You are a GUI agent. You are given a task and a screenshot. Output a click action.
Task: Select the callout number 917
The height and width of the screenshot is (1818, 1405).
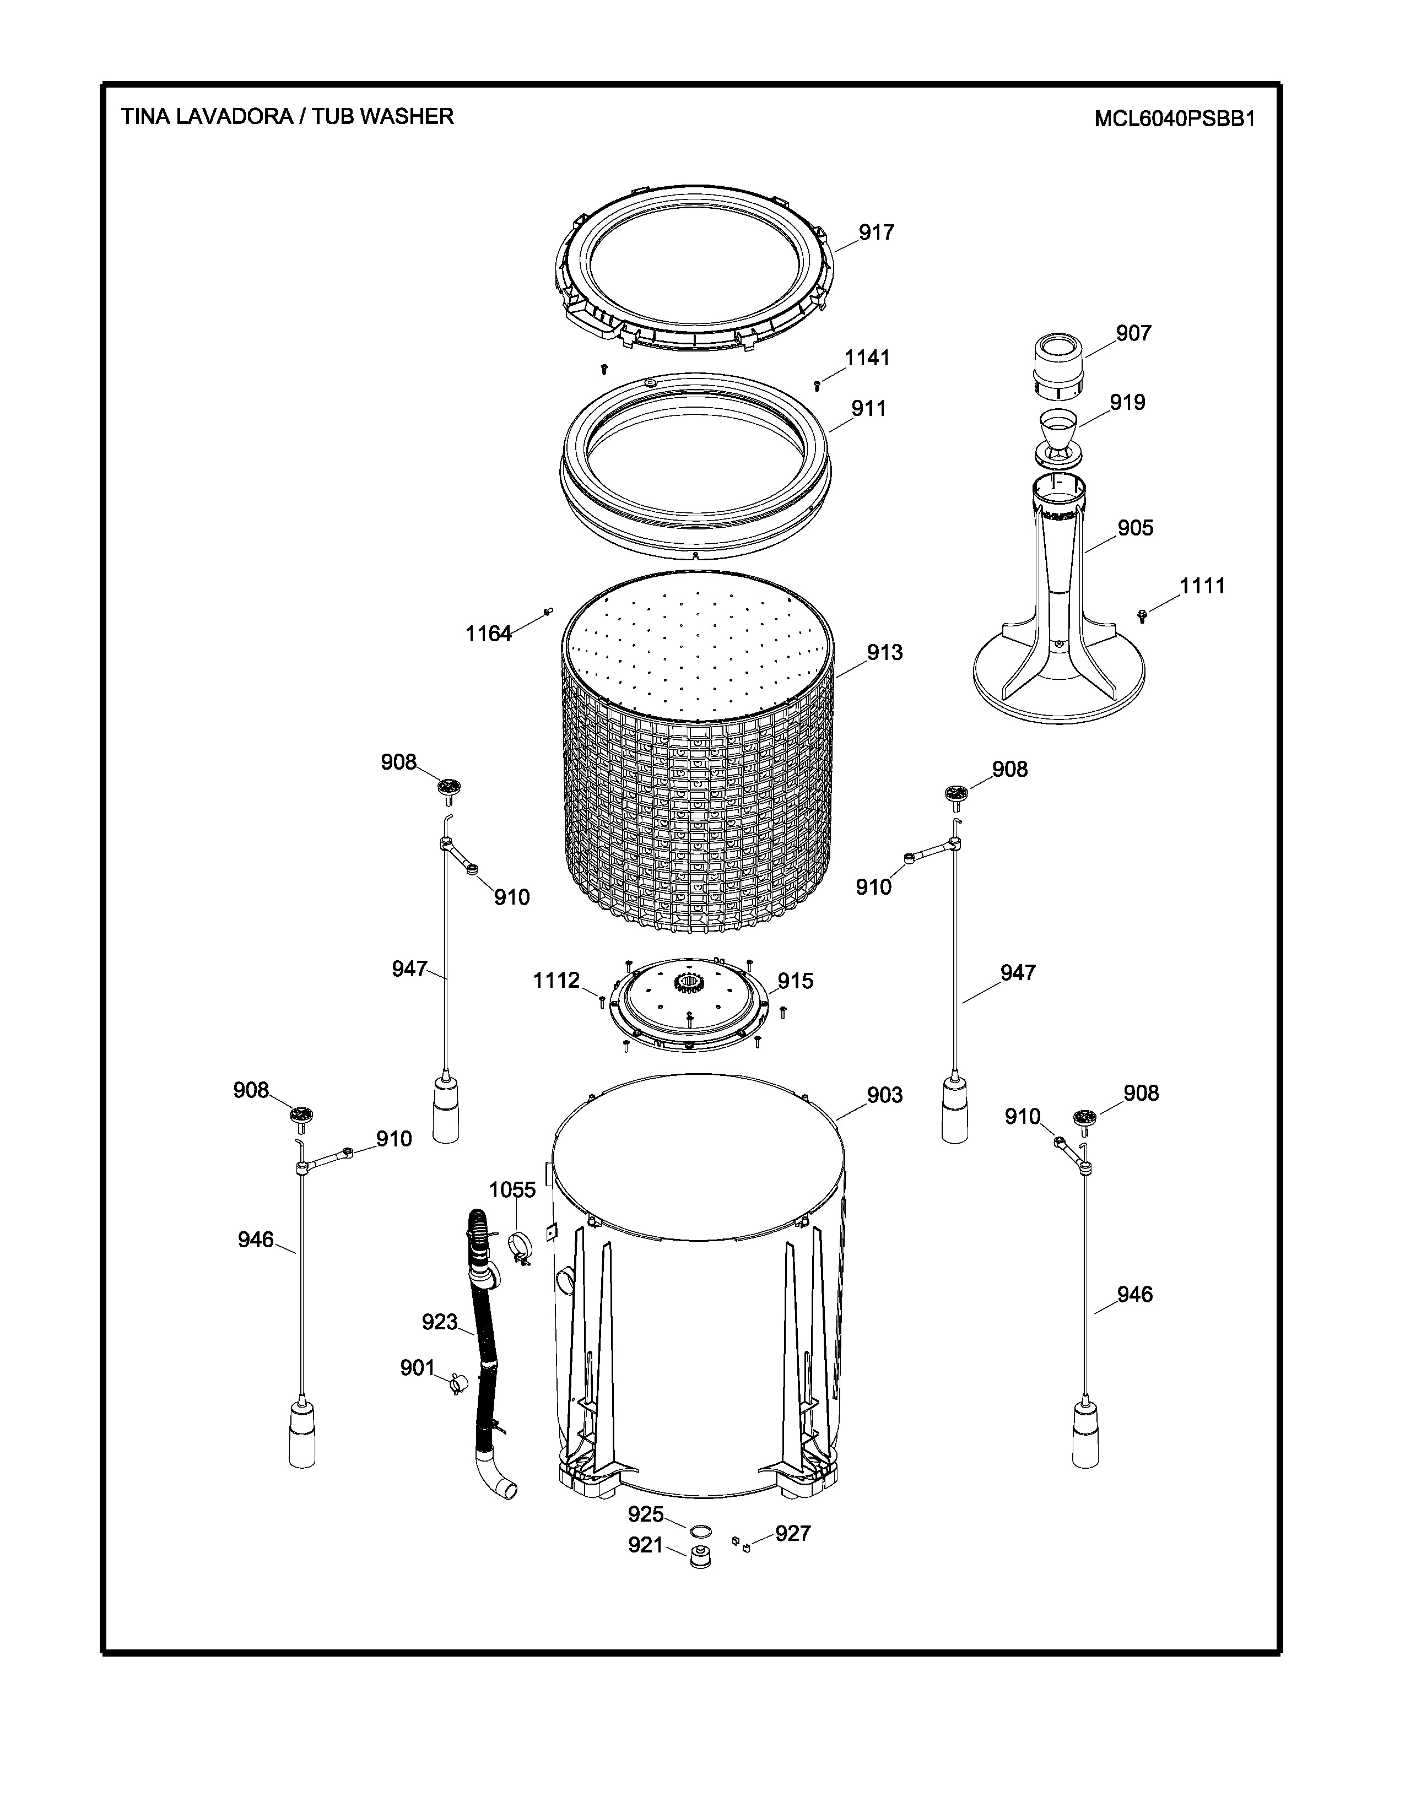(877, 232)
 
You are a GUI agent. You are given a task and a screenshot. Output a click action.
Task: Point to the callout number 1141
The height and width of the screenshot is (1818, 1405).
(867, 358)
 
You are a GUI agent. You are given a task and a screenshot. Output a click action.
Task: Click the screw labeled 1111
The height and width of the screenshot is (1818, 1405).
(1141, 615)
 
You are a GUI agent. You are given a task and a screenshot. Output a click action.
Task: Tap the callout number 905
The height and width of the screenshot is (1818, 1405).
(1136, 528)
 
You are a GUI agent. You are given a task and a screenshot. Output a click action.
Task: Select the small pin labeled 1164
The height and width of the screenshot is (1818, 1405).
(548, 612)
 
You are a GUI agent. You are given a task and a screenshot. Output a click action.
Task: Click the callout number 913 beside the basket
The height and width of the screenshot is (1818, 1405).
(885, 653)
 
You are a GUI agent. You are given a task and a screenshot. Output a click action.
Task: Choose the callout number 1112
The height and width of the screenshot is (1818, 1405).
(556, 981)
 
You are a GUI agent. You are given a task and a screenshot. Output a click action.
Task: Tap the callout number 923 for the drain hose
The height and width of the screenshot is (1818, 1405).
(440, 1322)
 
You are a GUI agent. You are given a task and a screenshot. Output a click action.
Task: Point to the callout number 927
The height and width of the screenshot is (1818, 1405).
(793, 1533)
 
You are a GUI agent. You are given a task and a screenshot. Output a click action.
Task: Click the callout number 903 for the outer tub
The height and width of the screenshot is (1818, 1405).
(885, 1095)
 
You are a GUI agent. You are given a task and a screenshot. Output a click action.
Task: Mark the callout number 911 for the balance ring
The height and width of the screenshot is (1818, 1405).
(868, 409)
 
